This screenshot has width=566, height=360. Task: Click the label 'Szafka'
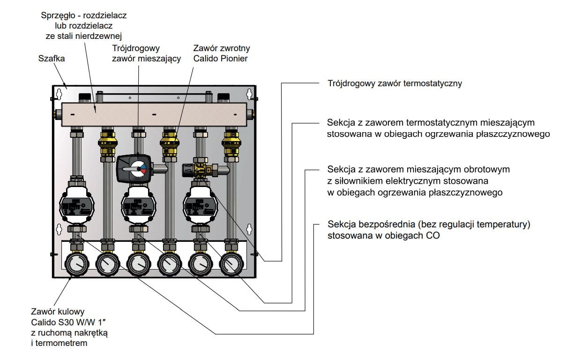click(52, 59)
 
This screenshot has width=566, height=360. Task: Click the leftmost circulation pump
click(76, 205)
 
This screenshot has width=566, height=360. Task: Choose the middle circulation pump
click(138, 205)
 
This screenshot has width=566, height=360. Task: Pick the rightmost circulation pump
click(200, 205)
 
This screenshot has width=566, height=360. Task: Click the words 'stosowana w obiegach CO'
click(383, 235)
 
